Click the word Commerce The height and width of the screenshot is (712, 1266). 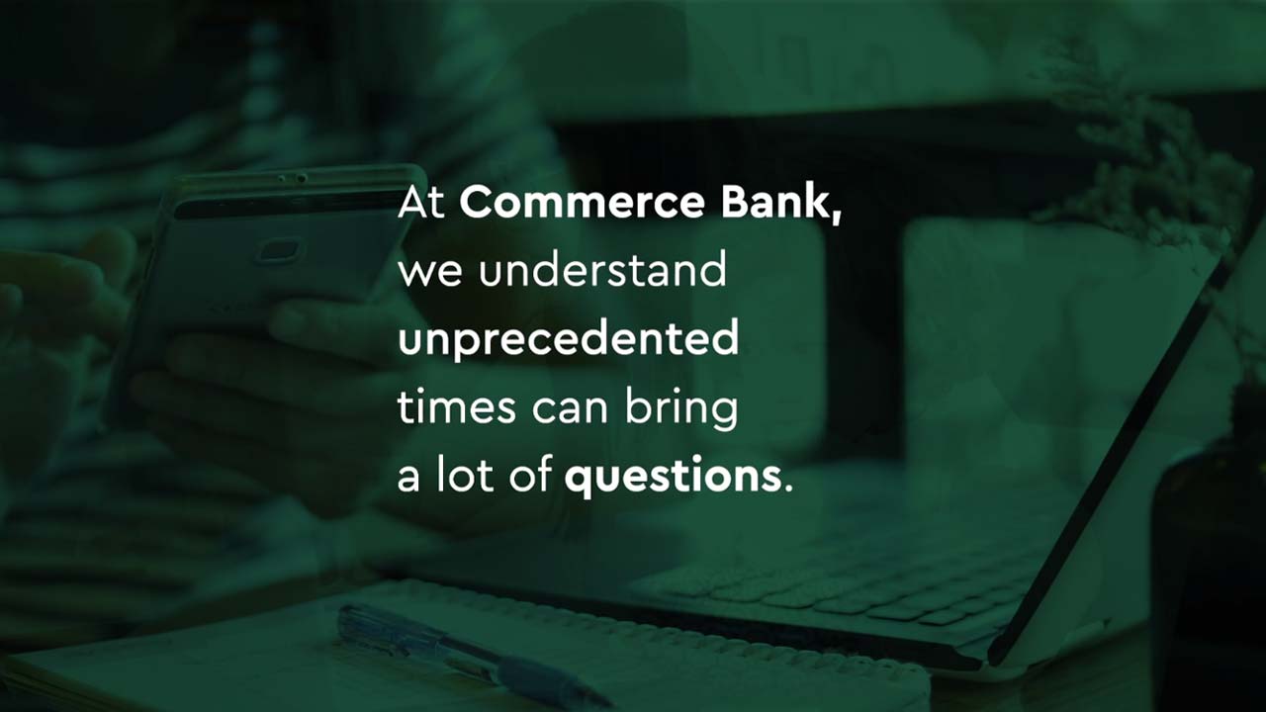[583, 203]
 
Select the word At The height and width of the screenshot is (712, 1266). [421, 203]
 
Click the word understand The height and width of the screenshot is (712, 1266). [602, 270]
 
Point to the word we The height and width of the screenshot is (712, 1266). [429, 275]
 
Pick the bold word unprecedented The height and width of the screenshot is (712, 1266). [569, 339]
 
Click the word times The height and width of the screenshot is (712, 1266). [457, 406]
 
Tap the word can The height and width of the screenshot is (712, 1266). [570, 410]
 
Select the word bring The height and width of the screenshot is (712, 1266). [681, 408]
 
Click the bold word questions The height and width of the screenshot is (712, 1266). [674, 476]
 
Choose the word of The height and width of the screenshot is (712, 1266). [530, 474]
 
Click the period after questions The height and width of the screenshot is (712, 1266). [789, 488]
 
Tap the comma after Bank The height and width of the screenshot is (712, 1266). [836, 216]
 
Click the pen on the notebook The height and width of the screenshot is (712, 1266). [475, 655]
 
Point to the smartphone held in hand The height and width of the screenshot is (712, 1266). [266, 271]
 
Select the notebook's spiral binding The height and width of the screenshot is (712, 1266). [667, 627]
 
